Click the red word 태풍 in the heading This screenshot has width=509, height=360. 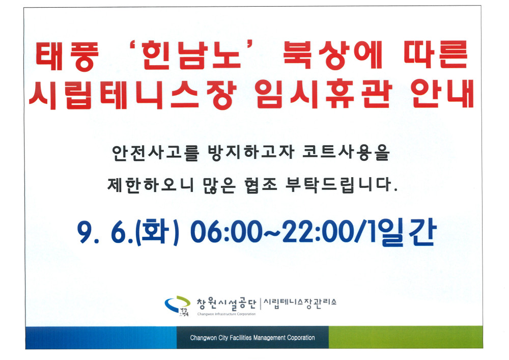click(x=67, y=56)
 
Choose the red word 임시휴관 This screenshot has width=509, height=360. click(x=323, y=94)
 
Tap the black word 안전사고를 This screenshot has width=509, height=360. click(x=155, y=153)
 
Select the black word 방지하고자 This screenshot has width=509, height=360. click(x=251, y=153)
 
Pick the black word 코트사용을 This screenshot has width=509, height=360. click(x=346, y=153)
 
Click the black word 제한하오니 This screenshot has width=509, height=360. click(x=150, y=185)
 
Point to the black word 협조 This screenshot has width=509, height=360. click(x=261, y=185)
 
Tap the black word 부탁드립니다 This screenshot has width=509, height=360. click(x=342, y=185)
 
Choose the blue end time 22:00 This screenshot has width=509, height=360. click(x=318, y=232)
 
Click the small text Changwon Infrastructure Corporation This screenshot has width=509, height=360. click(x=227, y=314)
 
